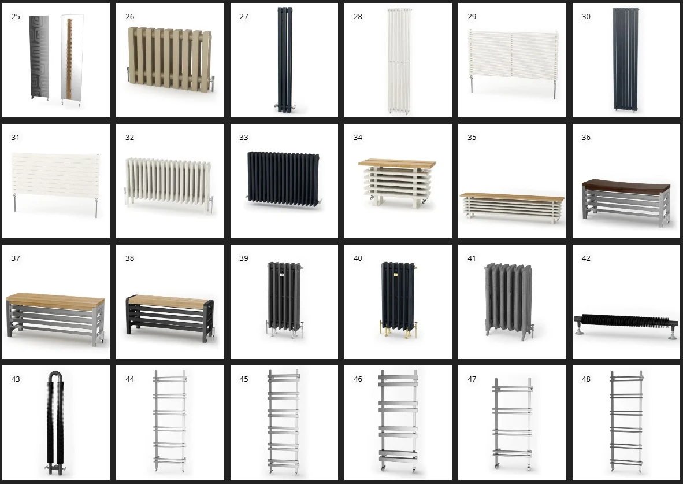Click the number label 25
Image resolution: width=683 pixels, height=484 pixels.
click(16, 17)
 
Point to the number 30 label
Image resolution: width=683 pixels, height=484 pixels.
click(586, 17)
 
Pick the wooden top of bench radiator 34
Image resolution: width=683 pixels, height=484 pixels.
click(397, 164)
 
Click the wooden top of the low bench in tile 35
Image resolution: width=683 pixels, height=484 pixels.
click(512, 197)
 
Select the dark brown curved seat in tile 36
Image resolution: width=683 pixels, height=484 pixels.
click(626, 185)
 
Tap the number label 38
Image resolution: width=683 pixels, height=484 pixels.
click(130, 258)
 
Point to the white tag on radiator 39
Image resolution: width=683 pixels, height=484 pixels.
click(281, 275)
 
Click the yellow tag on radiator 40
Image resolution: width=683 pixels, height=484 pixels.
click(395, 275)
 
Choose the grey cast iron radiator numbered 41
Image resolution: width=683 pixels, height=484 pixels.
click(508, 301)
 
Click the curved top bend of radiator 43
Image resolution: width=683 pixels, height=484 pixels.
click(55, 376)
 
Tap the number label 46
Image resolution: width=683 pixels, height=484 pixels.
click(358, 379)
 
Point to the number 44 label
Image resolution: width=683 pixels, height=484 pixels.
click(130, 379)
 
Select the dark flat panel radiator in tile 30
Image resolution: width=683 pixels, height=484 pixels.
click(625, 59)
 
